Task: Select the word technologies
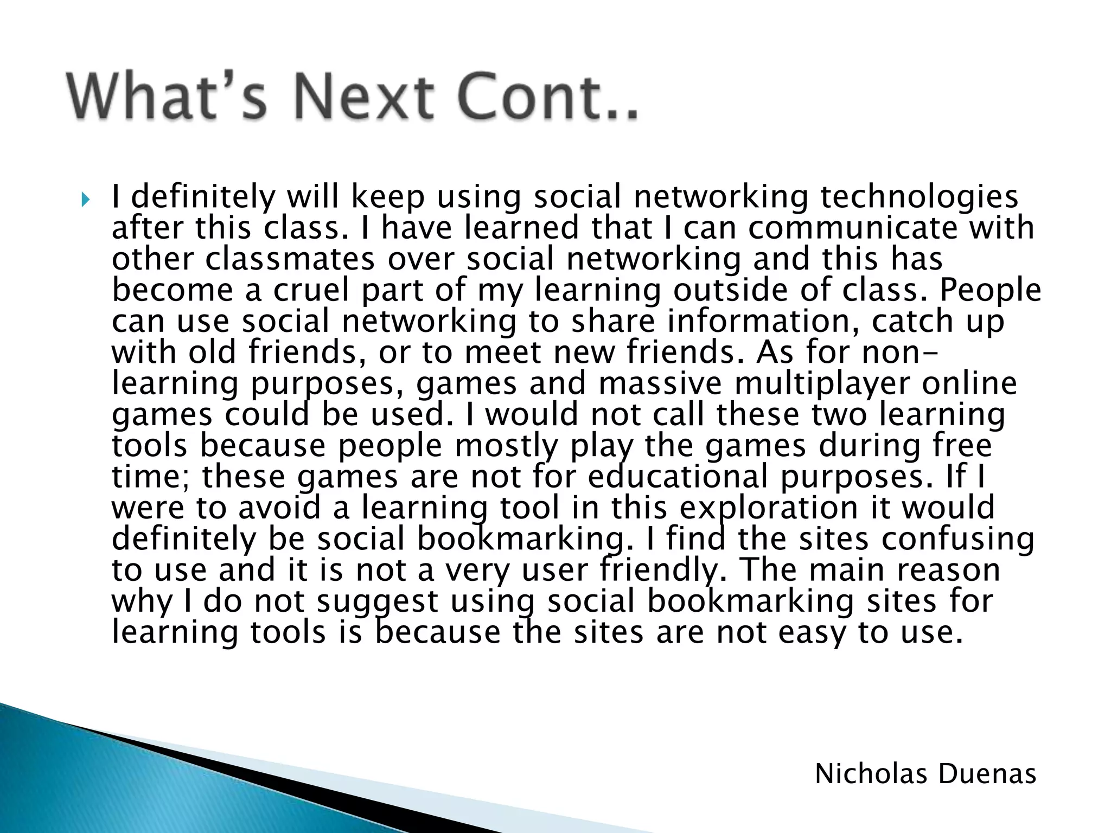pyautogui.click(x=919, y=197)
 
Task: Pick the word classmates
pyautogui.click(x=290, y=259)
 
